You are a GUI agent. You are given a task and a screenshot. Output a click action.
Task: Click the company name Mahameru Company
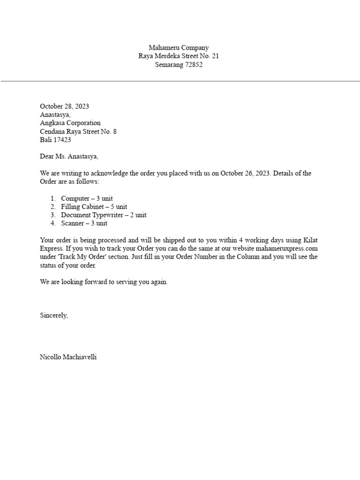[179, 47]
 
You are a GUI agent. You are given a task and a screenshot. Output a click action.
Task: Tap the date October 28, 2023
[64, 106]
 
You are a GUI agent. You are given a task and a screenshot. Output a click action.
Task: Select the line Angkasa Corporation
[70, 123]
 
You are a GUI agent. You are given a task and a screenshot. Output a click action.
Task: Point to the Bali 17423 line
[55, 140]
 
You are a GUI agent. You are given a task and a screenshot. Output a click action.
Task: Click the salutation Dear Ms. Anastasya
[69, 157]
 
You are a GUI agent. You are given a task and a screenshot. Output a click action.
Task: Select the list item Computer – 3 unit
[87, 198]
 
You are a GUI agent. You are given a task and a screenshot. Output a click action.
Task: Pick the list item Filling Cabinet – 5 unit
[94, 207]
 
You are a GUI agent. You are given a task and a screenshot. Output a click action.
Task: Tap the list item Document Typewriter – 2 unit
[104, 215]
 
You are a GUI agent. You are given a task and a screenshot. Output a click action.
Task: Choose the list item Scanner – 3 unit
[84, 224]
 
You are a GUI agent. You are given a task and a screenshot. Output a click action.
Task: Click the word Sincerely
[54, 315]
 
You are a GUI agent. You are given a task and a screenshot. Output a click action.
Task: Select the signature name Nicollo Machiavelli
[68, 357]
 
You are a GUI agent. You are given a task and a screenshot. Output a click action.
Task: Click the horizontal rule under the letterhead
[180, 81]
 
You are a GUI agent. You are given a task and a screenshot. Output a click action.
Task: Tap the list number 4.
[53, 224]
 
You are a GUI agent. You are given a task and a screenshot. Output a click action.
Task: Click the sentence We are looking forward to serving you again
[104, 282]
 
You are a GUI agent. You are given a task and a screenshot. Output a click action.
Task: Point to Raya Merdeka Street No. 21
[179, 56]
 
